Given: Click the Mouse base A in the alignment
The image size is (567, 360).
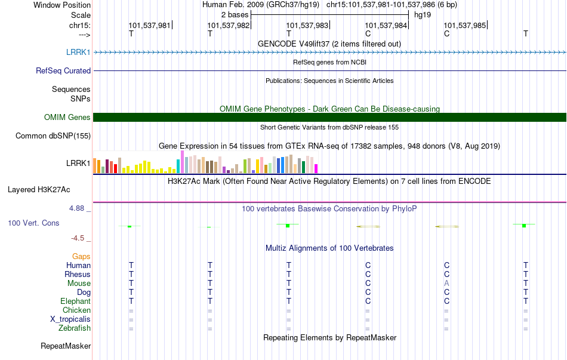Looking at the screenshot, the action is click(446, 284).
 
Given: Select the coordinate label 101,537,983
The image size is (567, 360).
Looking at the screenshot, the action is click(307, 25).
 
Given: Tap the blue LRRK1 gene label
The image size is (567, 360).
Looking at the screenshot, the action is click(78, 52).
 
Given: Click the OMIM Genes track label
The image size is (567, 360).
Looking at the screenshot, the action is click(67, 117).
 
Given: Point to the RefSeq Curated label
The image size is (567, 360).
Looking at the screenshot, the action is click(63, 70).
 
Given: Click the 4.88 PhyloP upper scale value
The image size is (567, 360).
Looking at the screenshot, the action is click(76, 208).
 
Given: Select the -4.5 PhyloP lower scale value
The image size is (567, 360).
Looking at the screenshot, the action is click(78, 238).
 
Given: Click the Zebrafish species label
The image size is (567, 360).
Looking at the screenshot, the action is click(75, 328).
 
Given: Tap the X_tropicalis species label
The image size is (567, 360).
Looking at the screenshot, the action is click(70, 319).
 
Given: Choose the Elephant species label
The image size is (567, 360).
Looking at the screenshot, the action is click(75, 301).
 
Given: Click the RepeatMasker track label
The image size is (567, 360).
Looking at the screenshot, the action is click(66, 346).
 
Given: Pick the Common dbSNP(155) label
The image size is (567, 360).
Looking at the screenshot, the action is click(53, 136).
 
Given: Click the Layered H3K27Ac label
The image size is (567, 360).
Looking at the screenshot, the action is click(39, 190).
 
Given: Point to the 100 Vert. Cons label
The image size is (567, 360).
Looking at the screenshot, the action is click(33, 223).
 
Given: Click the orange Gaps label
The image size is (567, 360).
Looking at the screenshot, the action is click(81, 256).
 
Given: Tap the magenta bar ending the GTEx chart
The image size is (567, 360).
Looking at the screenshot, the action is click(316, 168).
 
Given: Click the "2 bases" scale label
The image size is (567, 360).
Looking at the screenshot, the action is click(235, 15).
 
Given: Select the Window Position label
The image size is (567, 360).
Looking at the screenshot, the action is click(62, 5).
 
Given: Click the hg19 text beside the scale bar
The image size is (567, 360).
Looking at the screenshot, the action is click(423, 15).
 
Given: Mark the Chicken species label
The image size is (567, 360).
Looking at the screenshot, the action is click(76, 310).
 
